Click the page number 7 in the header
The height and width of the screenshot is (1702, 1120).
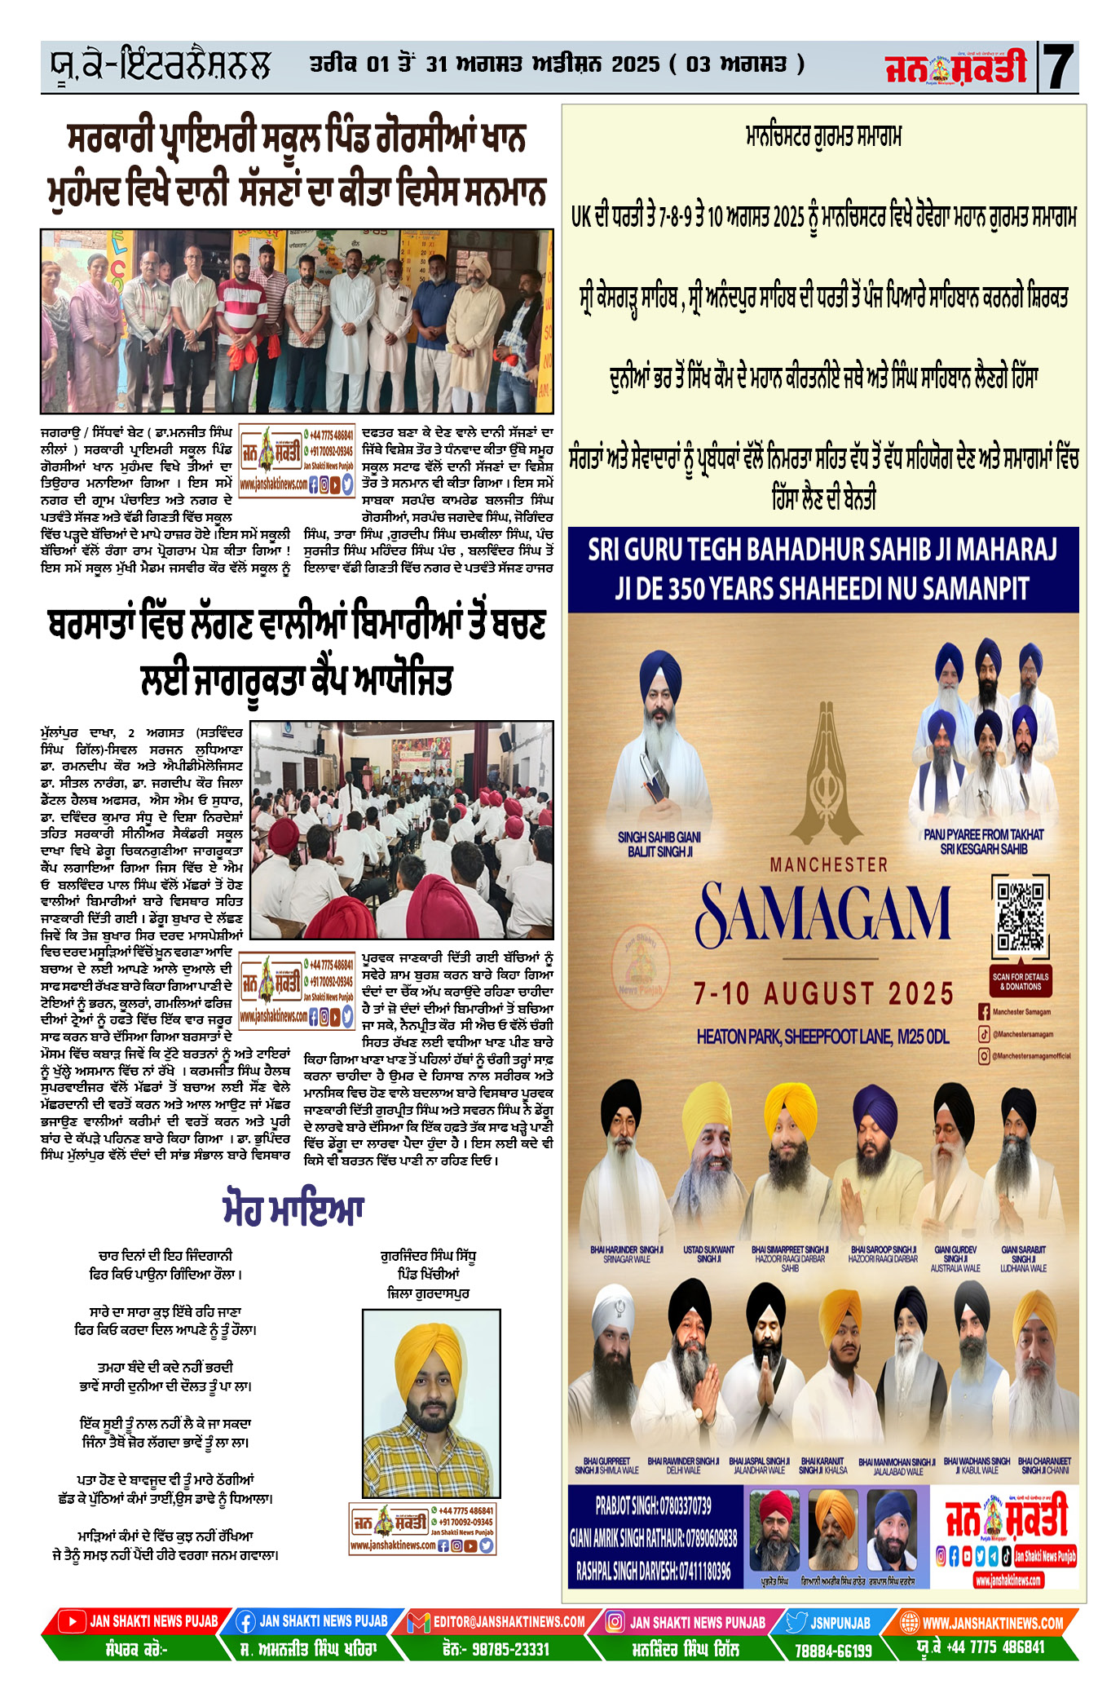[1059, 67]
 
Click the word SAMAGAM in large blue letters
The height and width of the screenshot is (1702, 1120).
[823, 913]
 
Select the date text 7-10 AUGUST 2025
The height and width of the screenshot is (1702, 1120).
[823, 993]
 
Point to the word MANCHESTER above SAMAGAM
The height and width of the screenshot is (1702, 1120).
[828, 864]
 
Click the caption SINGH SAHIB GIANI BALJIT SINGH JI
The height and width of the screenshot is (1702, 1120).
[659, 844]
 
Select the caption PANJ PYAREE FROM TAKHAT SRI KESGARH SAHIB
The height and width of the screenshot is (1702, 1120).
[983, 842]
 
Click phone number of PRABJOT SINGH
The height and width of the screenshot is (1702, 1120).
[653, 1505]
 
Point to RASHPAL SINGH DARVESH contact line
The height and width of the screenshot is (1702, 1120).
[653, 1570]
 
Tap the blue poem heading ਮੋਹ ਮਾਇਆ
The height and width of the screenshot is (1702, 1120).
[293, 1209]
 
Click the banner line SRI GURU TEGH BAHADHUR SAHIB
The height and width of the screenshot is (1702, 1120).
[822, 550]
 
